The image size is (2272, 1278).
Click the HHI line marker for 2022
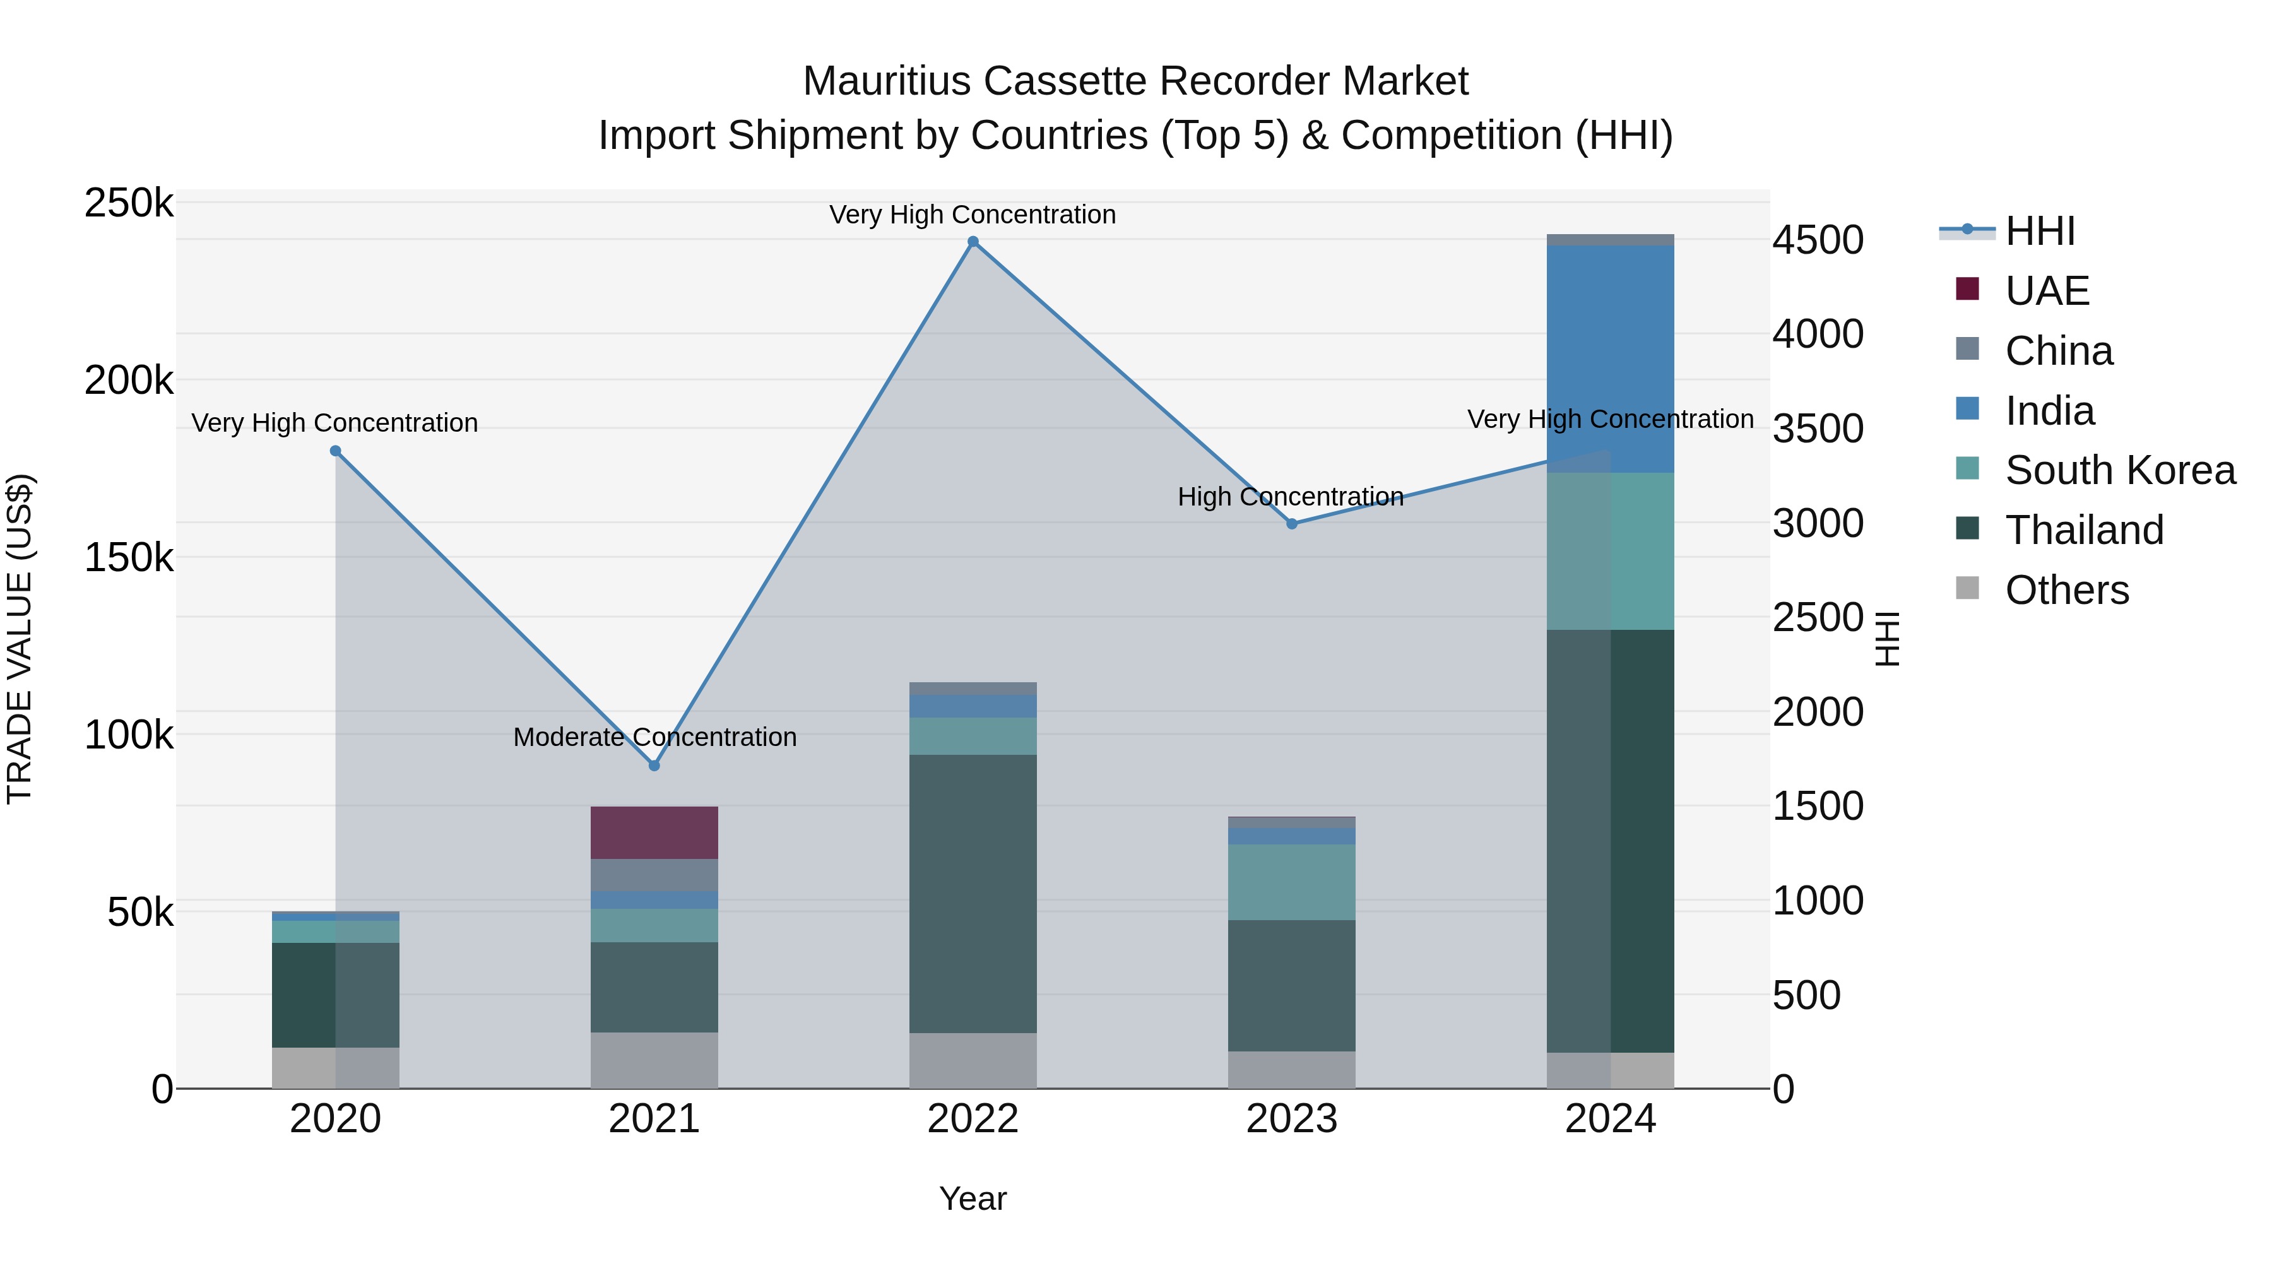(973, 242)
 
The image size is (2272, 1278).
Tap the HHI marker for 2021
(654, 766)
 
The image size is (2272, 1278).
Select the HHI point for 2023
(1292, 524)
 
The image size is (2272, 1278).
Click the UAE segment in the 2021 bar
(654, 832)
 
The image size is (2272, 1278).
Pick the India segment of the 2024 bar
(1611, 359)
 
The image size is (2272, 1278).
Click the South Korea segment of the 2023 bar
(1292, 882)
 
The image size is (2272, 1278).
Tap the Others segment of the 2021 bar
(654, 1060)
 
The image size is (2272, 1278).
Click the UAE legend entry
(2047, 291)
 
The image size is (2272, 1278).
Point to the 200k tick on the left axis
(129, 381)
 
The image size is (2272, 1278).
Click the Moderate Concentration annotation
(654, 737)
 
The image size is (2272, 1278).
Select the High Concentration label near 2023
(1291, 497)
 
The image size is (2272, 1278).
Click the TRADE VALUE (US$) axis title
(20, 639)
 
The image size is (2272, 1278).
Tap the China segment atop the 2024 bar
(1611, 240)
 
